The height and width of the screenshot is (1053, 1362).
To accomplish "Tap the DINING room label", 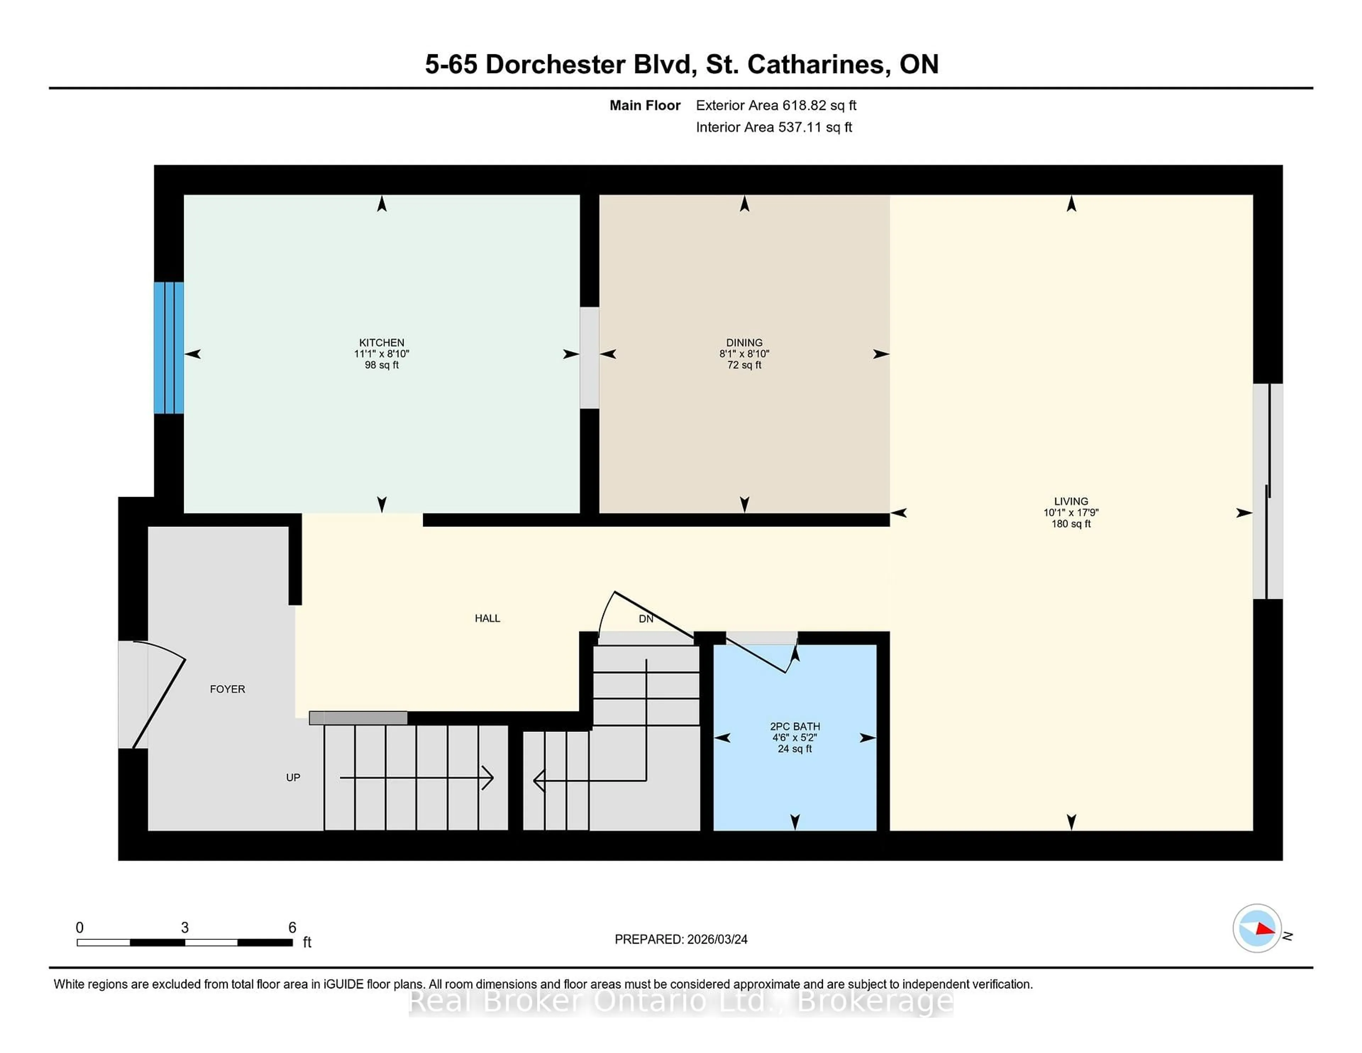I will click(744, 342).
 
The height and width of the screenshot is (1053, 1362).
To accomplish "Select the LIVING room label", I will click(1071, 501).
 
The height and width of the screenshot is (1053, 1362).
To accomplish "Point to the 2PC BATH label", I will click(794, 726).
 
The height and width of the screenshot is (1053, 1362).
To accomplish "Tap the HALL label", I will click(487, 618).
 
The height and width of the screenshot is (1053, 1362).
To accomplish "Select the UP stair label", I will click(293, 777).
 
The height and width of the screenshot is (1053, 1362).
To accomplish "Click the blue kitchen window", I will click(169, 347).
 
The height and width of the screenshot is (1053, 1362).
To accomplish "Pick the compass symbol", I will click(1257, 928).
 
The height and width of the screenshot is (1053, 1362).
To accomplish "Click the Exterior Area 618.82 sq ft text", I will click(776, 105).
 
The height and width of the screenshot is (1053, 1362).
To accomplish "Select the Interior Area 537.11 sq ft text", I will click(773, 127).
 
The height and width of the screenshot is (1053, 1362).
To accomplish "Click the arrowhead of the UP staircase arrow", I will click(489, 778).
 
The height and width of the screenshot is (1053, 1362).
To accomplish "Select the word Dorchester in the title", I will click(555, 64).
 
